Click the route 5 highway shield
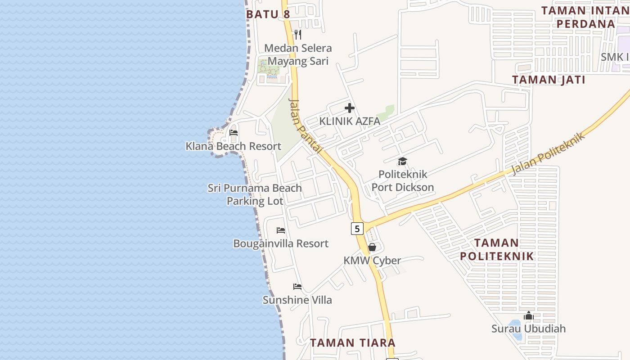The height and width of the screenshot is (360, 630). click(357, 229)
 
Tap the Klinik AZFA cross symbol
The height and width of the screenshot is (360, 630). click(350, 108)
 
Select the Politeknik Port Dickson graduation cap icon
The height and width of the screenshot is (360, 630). click(402, 161)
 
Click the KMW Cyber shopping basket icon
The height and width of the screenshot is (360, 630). click(372, 247)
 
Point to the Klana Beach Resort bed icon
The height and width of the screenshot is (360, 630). click(233, 133)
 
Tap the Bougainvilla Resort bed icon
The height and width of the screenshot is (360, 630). click(281, 230)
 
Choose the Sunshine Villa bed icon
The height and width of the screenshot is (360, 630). click(297, 287)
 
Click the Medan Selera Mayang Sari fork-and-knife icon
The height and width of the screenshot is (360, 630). click(297, 34)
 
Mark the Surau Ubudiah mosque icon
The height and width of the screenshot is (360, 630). click(528, 315)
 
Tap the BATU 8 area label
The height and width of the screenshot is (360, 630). click(268, 14)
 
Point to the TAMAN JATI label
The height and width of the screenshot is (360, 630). click(549, 80)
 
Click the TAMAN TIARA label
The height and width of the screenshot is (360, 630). click(352, 342)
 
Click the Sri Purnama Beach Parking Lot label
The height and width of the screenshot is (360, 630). click(255, 194)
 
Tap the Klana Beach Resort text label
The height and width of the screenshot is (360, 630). click(233, 146)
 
